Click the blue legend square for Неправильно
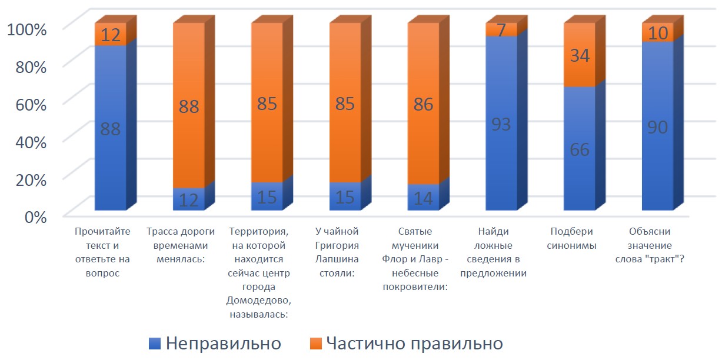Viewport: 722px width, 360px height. [155, 342]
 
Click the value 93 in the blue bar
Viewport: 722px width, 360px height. [501, 124]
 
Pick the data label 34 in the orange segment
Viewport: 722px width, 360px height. [580, 56]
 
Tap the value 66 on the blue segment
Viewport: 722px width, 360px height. [580, 149]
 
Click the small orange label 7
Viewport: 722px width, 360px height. [501, 29]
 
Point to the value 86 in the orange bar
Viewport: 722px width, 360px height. [423, 105]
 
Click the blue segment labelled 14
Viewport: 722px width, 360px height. [423, 198]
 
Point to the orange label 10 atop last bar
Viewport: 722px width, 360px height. [658, 34]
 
